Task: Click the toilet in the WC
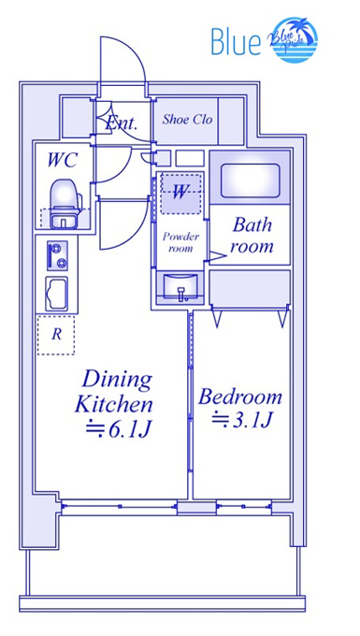[65, 204]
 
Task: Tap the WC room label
[62, 161]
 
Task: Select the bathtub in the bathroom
[251, 180]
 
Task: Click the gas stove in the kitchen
[57, 255]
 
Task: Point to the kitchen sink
[56, 294]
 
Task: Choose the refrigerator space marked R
[56, 335]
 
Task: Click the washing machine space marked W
[180, 194]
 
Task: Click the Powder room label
[180, 242]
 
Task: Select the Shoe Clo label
[187, 120]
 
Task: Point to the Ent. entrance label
[122, 123]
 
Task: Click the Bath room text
[252, 236]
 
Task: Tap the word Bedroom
[240, 397]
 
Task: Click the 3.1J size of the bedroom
[241, 421]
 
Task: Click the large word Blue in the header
[236, 40]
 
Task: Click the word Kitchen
[115, 404]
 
